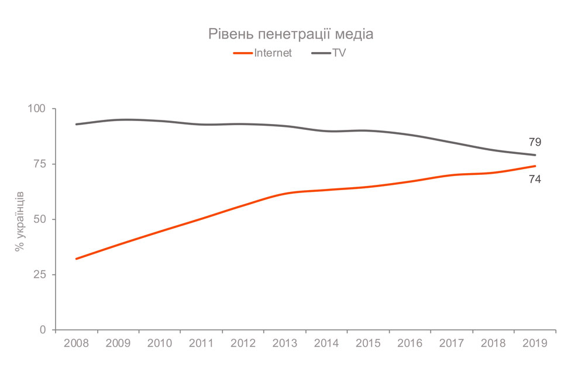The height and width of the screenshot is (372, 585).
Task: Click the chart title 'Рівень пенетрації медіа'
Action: click(x=291, y=34)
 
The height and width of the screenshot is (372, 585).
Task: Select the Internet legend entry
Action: click(x=263, y=53)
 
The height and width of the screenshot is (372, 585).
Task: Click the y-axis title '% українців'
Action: click(x=19, y=220)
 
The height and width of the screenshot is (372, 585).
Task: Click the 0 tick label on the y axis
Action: click(x=43, y=330)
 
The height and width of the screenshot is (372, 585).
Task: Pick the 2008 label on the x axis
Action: click(x=76, y=343)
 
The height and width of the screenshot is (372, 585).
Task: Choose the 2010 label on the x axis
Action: click(x=160, y=343)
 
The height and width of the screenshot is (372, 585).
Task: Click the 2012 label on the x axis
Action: click(x=243, y=343)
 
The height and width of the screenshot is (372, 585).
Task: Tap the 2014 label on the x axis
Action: click(x=326, y=343)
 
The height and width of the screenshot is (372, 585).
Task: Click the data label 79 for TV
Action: click(x=535, y=142)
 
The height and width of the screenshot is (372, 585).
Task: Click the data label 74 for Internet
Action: click(x=535, y=180)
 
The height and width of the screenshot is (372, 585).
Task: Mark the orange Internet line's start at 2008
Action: click(x=76, y=259)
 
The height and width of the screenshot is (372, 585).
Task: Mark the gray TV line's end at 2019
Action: click(x=535, y=155)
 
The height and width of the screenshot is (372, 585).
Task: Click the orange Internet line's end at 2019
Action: click(x=535, y=166)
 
